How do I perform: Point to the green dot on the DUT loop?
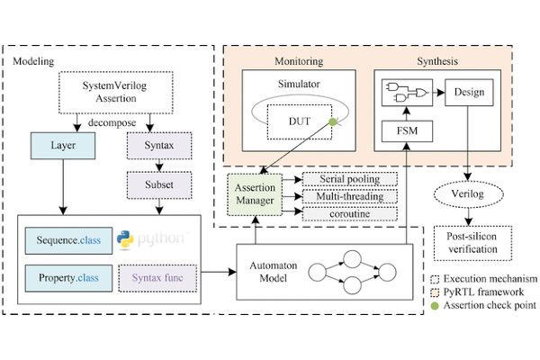point(333,123)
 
